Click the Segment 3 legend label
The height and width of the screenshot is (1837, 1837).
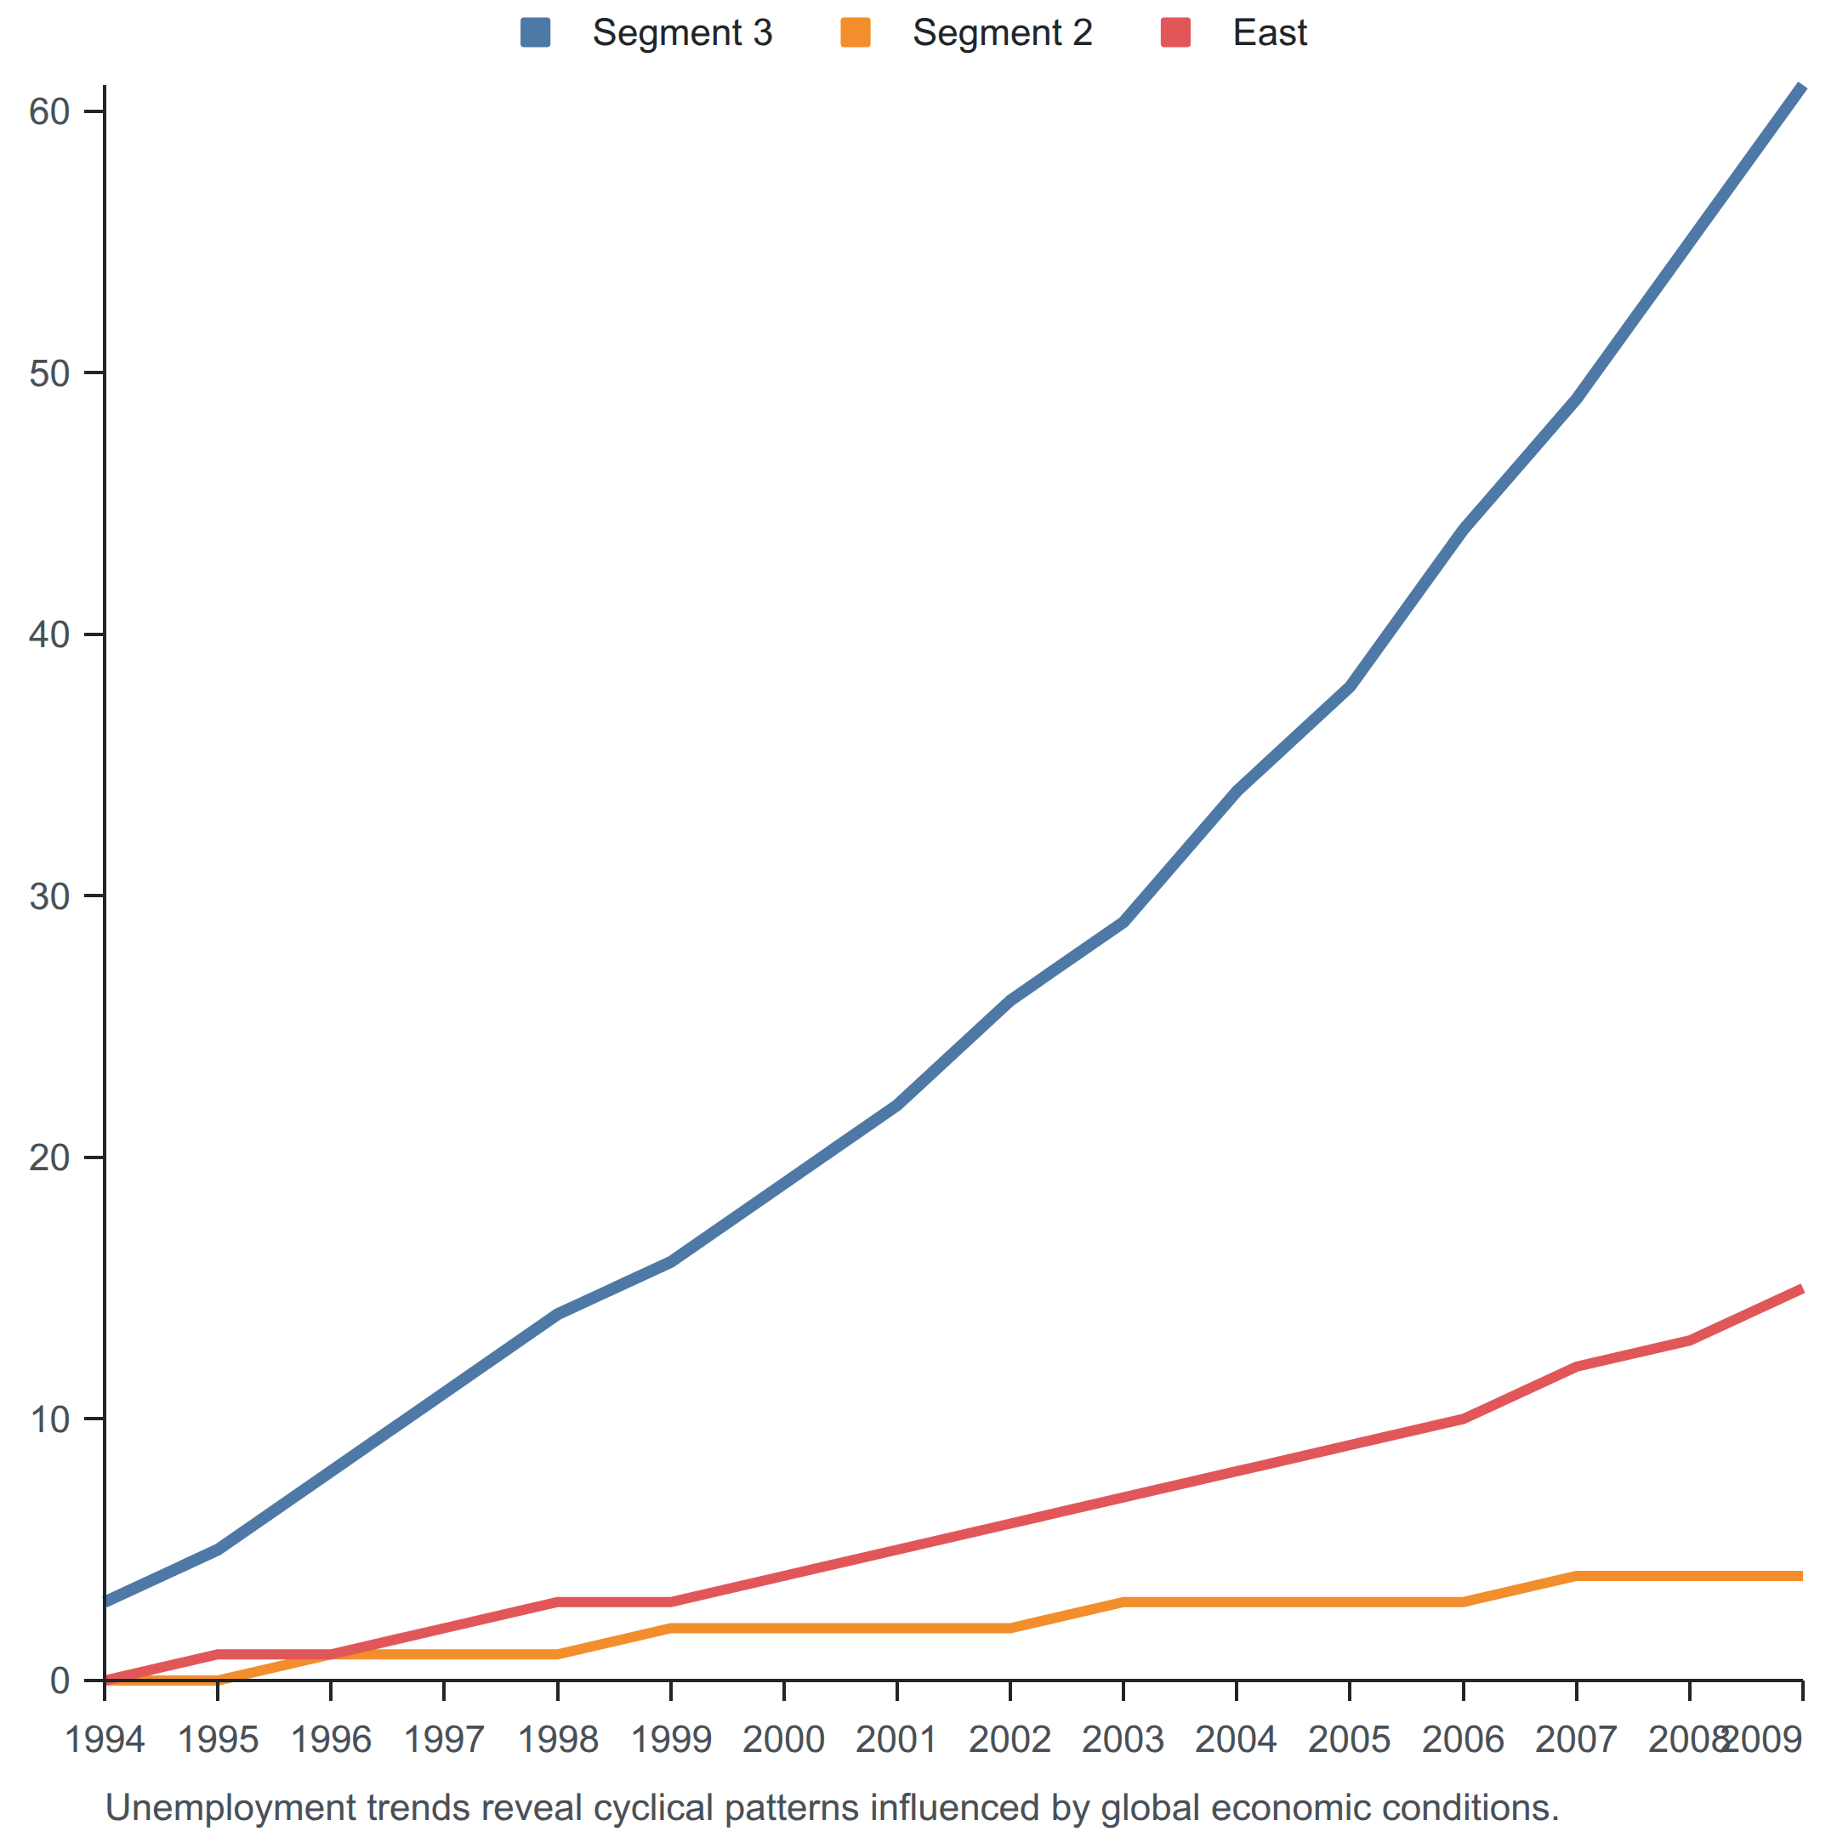click(682, 33)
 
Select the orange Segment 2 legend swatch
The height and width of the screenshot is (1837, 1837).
click(855, 32)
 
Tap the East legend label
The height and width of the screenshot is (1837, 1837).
click(1270, 33)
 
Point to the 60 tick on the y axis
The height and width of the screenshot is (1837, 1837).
click(49, 111)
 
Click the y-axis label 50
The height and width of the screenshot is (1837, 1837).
click(49, 373)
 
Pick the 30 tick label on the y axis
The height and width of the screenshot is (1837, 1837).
click(49, 896)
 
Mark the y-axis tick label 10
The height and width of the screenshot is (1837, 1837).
click(49, 1419)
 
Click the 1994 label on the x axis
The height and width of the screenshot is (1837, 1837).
click(105, 1739)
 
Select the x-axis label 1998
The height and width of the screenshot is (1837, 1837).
click(558, 1739)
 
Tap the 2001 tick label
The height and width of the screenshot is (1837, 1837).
click(896, 1739)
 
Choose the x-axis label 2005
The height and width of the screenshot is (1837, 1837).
click(1349, 1739)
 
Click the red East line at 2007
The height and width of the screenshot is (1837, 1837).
click(1577, 1367)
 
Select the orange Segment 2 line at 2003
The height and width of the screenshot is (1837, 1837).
click(1123, 1602)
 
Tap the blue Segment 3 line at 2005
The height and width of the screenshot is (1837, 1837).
click(1349, 685)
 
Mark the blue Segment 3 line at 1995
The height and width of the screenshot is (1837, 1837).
click(218, 1550)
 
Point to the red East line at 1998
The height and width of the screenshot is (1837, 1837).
click(558, 1602)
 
